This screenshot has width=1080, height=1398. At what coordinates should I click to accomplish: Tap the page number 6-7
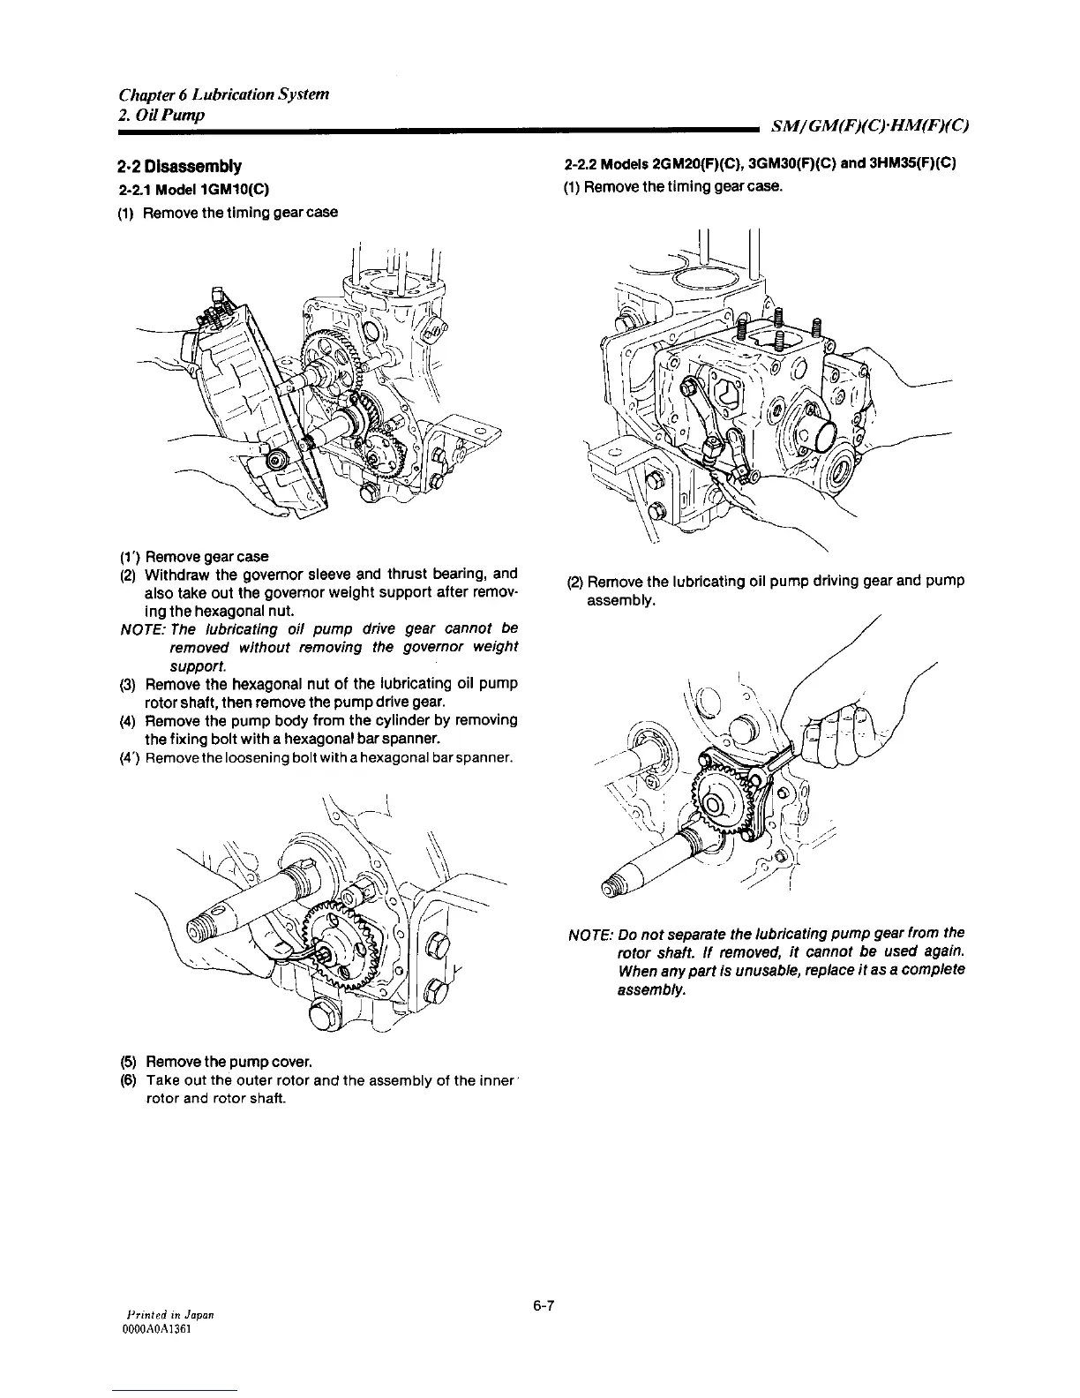tap(541, 1306)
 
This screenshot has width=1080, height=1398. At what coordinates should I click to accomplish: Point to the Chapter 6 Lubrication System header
tap(224, 94)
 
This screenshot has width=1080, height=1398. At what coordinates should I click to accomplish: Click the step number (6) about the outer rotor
tap(129, 1081)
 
